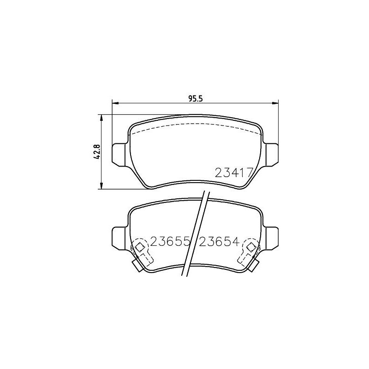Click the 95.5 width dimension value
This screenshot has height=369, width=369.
[196, 97]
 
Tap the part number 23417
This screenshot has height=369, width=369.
[233, 173]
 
